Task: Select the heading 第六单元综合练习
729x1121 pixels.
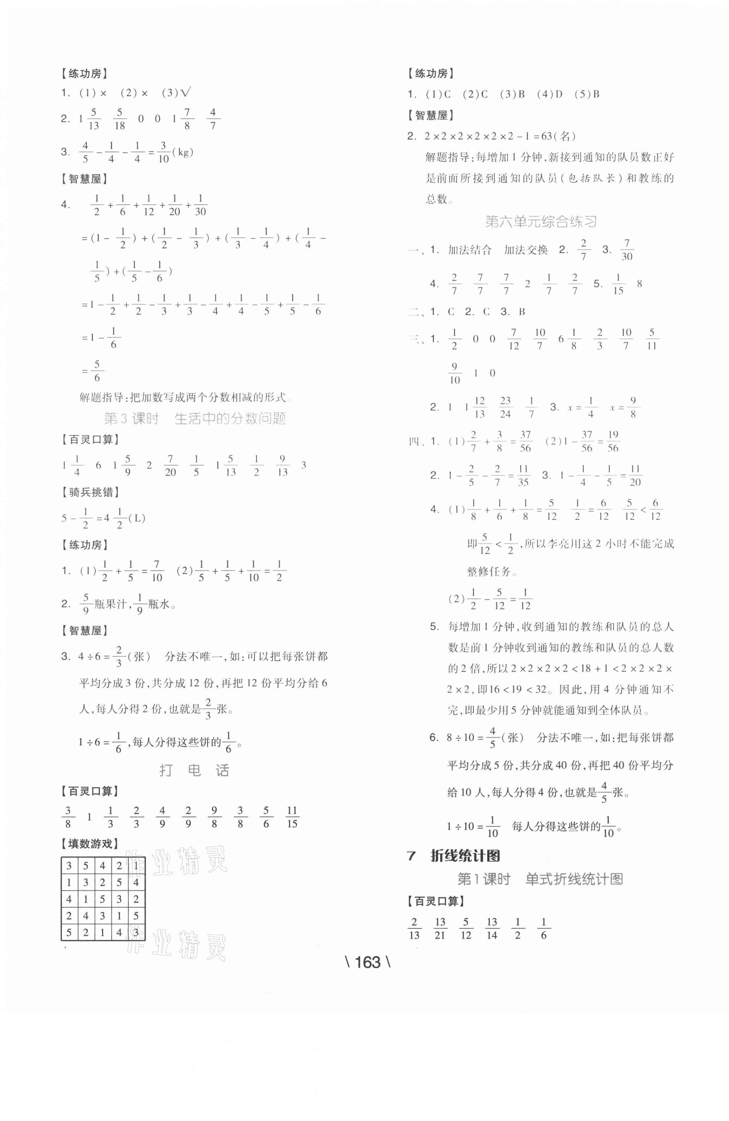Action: [540, 221]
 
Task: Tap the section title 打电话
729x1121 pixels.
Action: [194, 771]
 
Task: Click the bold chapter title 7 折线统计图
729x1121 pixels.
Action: [453, 856]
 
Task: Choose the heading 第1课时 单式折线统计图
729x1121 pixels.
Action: [540, 879]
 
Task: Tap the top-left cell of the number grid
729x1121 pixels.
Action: [69, 866]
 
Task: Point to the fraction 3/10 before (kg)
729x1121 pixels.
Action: [163, 152]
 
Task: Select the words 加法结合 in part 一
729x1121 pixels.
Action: [469, 250]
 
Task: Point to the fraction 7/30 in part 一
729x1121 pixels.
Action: [627, 250]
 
